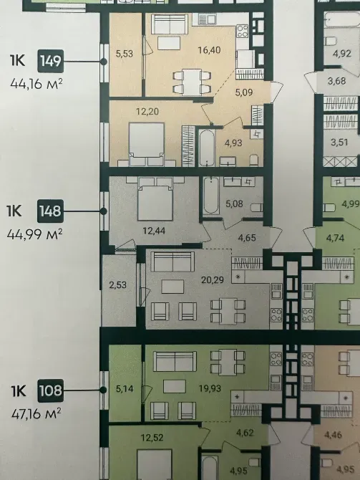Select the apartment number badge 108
pyautogui.click(x=52, y=391)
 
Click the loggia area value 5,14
pyautogui.click(x=125, y=390)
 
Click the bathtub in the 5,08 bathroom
pyautogui.click(x=211, y=195)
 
